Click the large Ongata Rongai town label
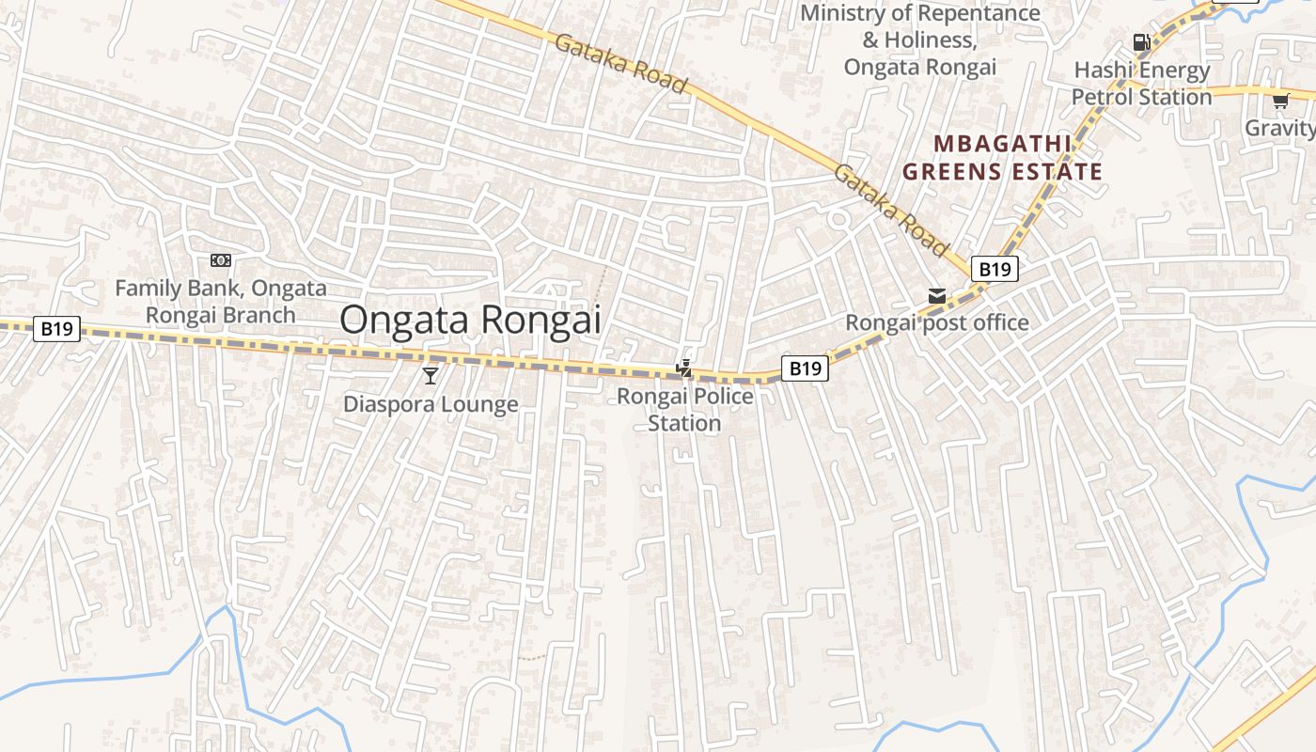[469, 320]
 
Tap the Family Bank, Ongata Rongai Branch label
[221, 302]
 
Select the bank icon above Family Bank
[221, 260]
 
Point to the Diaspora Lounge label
[431, 404]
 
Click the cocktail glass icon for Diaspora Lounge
[431, 376]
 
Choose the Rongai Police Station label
[684, 410]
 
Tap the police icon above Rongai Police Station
[685, 368]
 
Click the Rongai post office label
[937, 323]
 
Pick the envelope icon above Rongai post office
[936, 297]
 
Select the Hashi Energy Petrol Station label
[1142, 84]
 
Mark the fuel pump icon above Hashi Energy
[1141, 41]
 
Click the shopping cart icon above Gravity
[1280, 101]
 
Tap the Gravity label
[1280, 127]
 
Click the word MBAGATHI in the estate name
[1002, 144]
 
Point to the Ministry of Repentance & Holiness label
[920, 40]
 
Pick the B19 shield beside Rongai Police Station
[805, 368]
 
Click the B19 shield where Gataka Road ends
[995, 270]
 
